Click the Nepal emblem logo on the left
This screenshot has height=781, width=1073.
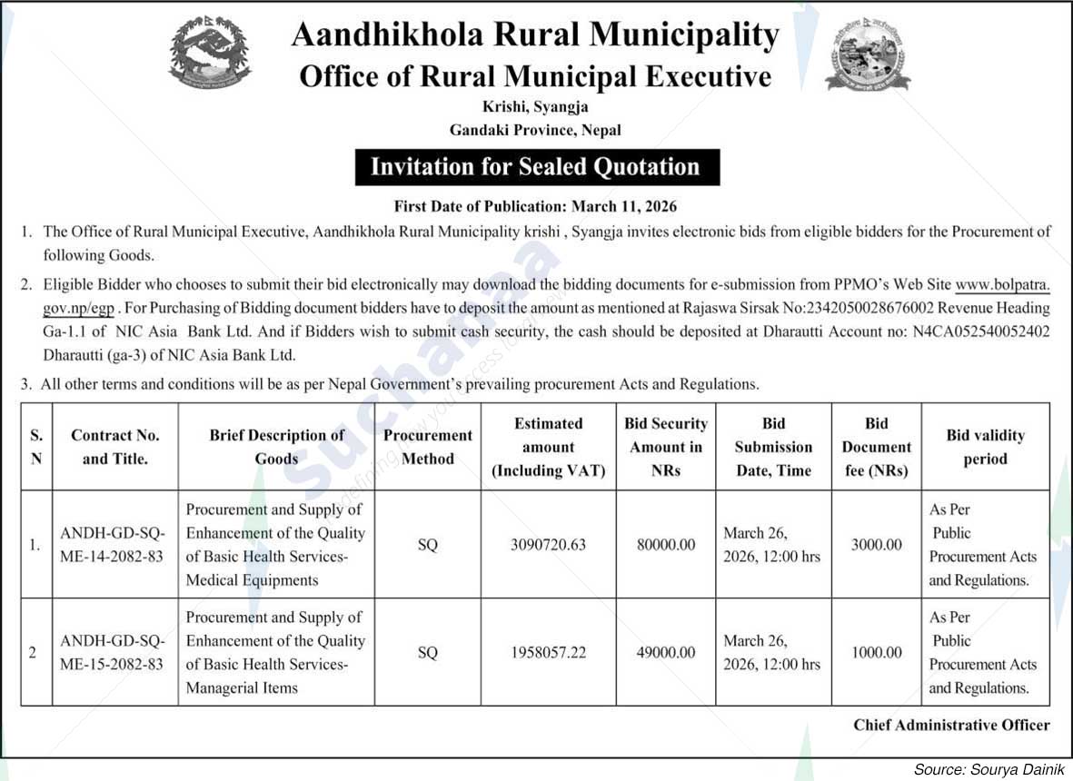(x=210, y=54)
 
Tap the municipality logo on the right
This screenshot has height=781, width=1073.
(x=867, y=54)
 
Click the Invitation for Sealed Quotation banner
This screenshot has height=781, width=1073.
(x=536, y=167)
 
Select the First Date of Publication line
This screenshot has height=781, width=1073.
(x=535, y=207)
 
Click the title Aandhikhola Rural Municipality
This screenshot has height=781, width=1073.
(x=535, y=35)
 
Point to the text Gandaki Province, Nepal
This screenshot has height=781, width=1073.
(x=536, y=130)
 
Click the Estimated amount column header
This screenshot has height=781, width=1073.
(x=548, y=447)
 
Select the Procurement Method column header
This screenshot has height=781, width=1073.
(x=427, y=447)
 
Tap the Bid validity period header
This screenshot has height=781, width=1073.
(x=985, y=447)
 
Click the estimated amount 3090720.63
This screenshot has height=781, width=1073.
(x=548, y=545)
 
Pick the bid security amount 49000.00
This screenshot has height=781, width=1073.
(x=666, y=652)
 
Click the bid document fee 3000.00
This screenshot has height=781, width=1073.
(x=876, y=545)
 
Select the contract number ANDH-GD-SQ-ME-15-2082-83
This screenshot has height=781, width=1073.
(x=112, y=652)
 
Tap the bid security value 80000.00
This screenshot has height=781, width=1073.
(x=666, y=545)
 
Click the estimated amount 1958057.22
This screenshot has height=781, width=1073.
(x=548, y=652)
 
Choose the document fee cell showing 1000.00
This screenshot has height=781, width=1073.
(x=876, y=652)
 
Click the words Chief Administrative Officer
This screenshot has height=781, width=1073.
(x=951, y=725)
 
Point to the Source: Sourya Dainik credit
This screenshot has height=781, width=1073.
(x=989, y=769)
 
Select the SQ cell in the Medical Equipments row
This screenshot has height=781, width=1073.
(x=427, y=545)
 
